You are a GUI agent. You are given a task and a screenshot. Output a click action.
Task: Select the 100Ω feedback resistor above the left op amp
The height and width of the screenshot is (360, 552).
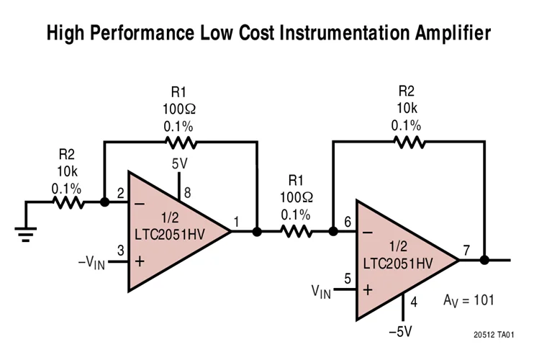179,143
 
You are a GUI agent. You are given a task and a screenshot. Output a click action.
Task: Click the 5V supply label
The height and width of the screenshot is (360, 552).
179,163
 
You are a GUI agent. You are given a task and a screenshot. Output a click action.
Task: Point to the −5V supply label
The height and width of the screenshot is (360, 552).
400,332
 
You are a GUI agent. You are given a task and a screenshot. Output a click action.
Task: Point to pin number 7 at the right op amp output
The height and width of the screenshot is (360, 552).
466,250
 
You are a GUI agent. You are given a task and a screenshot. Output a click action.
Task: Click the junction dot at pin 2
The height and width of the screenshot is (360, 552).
105,202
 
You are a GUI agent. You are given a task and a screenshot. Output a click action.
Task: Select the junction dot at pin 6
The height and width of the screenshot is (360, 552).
332,232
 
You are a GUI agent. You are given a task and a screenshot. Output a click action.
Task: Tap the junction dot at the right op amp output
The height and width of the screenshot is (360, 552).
484,260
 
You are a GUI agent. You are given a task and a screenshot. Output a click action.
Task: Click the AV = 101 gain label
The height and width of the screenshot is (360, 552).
468,300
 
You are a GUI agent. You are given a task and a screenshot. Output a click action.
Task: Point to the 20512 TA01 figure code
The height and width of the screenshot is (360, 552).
494,336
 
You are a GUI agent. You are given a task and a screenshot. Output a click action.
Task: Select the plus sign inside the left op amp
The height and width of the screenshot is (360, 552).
139,261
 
